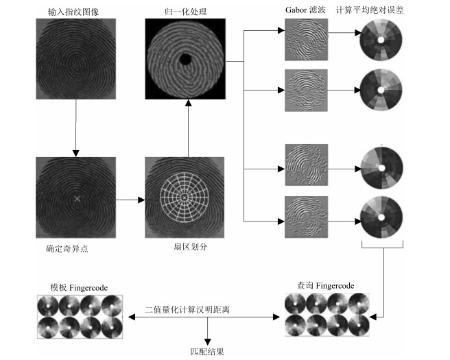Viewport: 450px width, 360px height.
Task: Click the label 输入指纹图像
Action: pos(73,12)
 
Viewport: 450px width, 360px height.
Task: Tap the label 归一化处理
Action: pos(185,12)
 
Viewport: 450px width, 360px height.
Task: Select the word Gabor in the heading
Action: pos(296,10)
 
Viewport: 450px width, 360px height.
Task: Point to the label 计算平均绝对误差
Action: pos(370,10)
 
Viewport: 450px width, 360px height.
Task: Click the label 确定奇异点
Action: pos(67,248)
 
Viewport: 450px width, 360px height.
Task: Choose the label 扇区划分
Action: pos(190,247)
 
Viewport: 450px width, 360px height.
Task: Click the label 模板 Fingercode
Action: pos(79,287)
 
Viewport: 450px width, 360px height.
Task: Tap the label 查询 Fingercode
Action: pos(325,285)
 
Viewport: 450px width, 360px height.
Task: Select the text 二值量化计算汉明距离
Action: pos(187,309)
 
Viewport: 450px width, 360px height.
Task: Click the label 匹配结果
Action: pos(207,352)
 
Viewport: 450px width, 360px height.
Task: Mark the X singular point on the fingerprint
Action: pos(77,198)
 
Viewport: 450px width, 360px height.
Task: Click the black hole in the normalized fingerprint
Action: pos(185,60)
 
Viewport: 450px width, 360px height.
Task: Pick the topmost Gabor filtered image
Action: pos(306,40)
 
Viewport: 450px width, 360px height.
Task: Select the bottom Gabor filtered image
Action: pos(306,217)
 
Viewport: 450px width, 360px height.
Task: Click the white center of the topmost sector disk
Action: pos(381,40)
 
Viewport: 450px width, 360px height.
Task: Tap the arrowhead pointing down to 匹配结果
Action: pos(207,342)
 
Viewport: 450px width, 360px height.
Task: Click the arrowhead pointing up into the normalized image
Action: pos(188,103)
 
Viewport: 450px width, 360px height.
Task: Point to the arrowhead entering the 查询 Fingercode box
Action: pos(372,317)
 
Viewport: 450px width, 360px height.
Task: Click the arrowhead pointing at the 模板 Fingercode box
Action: pos(132,317)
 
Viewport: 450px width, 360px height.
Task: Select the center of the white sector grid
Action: pos(185,197)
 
